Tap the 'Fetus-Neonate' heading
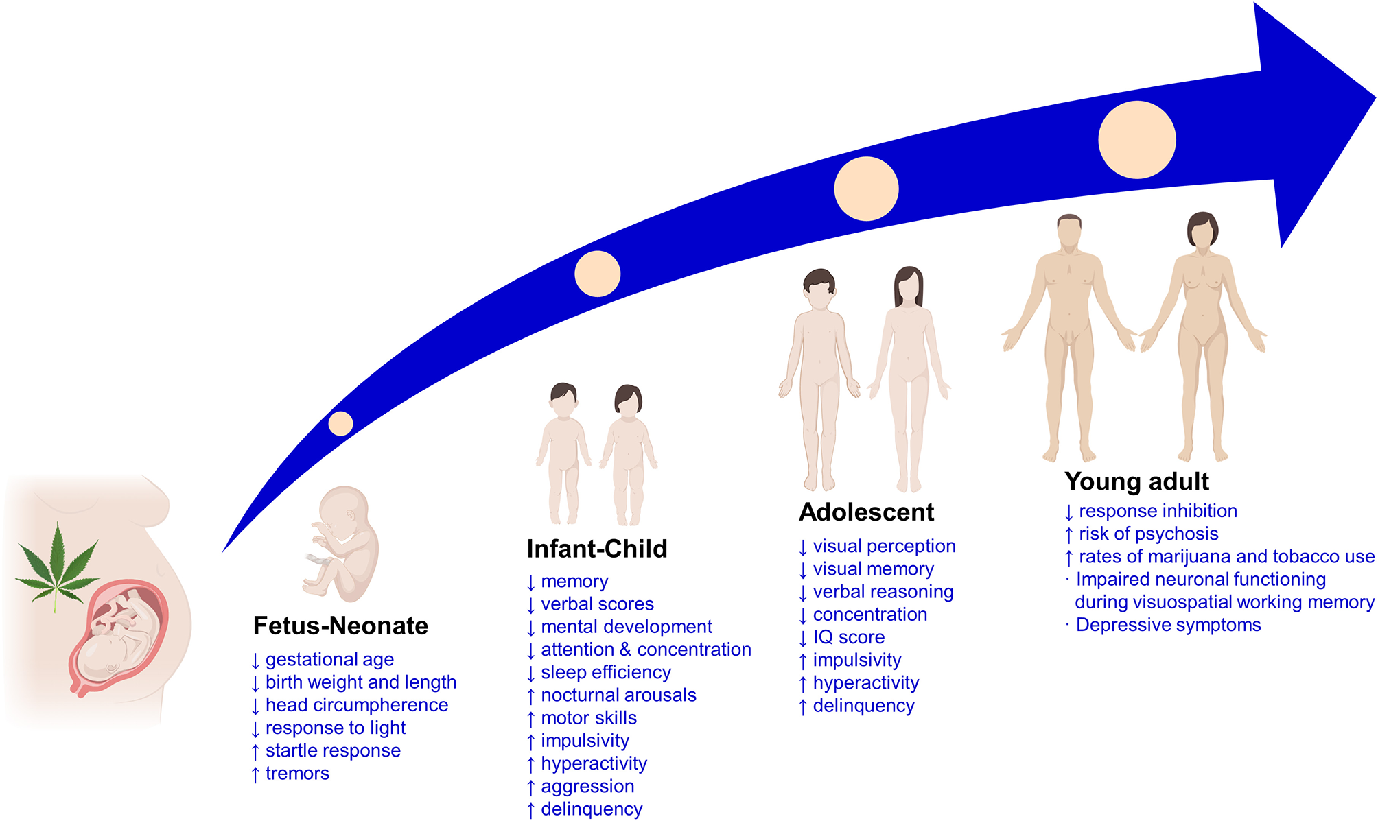coord(340,626)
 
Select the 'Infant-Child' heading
coord(597,549)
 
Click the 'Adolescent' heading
coord(866,512)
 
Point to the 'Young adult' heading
coord(1136,481)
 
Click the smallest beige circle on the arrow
coord(340,424)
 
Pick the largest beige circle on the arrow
coord(1136,140)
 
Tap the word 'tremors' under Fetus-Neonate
coord(297,774)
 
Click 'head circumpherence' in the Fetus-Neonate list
coord(357,705)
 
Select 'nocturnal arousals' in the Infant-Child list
coord(618,695)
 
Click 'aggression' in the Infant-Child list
coord(587,787)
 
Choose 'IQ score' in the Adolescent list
coord(849,638)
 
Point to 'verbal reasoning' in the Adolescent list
coord(883,592)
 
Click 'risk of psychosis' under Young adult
coord(1148,534)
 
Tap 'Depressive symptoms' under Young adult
coord(1168,626)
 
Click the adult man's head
coord(1069,231)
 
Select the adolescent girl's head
coord(909,285)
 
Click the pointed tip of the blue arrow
coord(1373,98)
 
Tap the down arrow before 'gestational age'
coord(255,661)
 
